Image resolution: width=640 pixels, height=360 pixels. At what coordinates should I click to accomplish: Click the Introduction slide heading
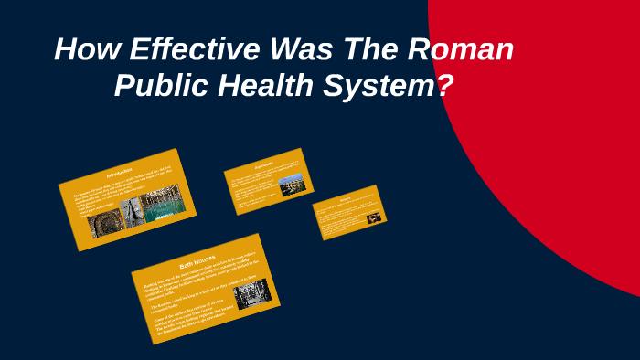(120, 173)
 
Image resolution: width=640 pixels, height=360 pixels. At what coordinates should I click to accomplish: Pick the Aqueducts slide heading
(264, 165)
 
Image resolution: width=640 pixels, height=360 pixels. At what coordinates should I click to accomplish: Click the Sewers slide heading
(347, 198)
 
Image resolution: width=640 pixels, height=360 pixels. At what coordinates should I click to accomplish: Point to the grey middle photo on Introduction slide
(133, 213)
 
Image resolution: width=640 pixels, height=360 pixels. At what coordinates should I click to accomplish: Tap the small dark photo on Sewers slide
(373, 218)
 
